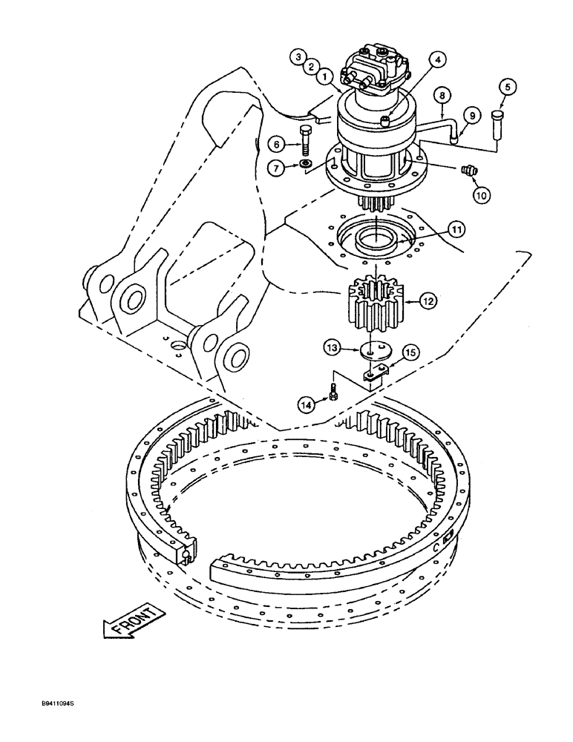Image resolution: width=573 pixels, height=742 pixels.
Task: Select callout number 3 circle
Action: click(298, 56)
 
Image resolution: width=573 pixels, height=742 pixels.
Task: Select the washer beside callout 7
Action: click(306, 164)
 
